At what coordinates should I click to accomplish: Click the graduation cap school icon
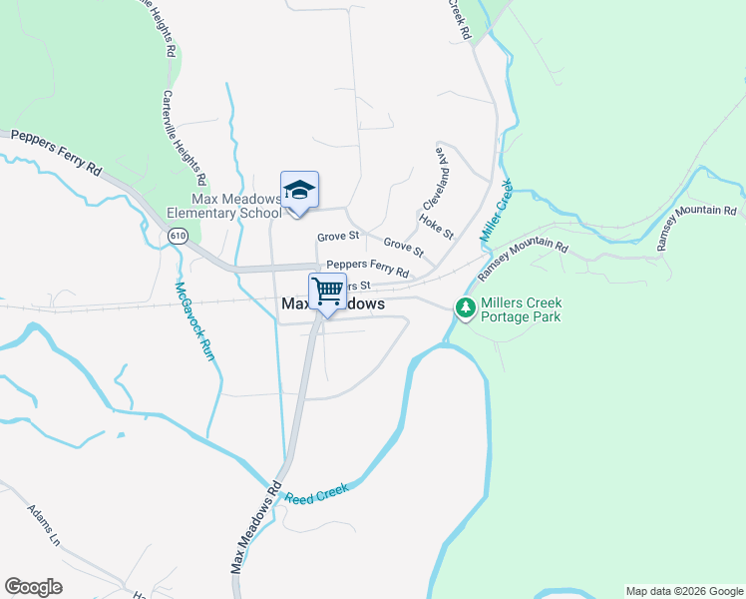point(299,190)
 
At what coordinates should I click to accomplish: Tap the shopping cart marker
point(327,292)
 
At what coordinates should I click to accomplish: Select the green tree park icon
point(465,309)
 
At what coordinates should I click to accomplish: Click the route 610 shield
point(178,236)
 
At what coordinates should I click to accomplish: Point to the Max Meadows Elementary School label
point(224,206)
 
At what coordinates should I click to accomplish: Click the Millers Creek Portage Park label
point(521,309)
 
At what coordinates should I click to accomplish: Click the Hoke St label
point(437,227)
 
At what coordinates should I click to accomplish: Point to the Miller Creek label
point(496,213)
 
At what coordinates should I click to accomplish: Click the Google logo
point(34,587)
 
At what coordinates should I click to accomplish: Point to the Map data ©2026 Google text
point(683,591)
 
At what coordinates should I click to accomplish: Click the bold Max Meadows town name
point(333,303)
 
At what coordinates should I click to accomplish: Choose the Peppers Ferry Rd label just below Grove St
point(368,268)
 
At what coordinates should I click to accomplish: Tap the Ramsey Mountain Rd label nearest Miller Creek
point(523,261)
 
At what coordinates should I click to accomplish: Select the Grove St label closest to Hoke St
point(404,245)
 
